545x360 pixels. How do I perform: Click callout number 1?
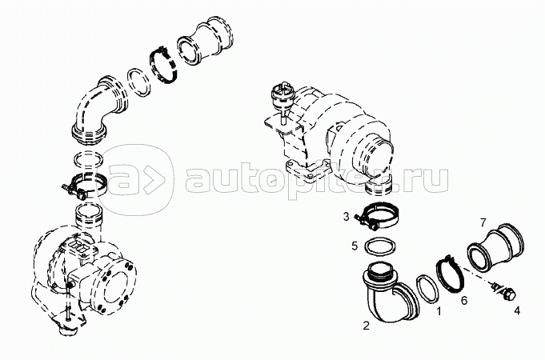[439, 311]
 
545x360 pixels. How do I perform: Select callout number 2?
[366, 326]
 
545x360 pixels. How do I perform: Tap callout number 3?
[347, 217]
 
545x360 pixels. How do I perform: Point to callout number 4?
[517, 310]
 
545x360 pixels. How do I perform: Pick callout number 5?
[355, 246]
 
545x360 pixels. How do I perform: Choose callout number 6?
[464, 300]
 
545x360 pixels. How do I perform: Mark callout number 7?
[483, 222]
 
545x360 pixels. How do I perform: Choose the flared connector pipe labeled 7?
[495, 249]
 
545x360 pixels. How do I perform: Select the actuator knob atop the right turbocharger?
[283, 94]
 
